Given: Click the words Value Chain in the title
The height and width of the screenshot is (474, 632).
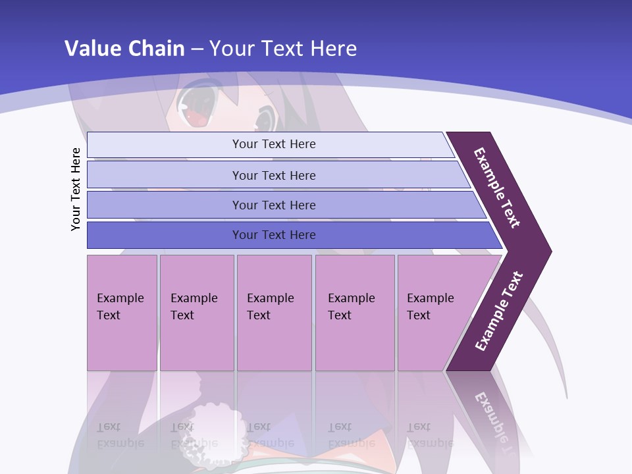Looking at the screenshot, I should [124, 48].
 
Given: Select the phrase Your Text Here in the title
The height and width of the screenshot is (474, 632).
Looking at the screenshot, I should [283, 48].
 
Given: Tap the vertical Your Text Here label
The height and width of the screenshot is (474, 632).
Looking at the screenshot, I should [76, 189].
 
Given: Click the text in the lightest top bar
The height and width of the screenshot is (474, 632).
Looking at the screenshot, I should [274, 144].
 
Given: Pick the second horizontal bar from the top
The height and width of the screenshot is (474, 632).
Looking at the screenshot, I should [274, 175].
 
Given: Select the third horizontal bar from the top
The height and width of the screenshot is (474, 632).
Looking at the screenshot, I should [274, 205].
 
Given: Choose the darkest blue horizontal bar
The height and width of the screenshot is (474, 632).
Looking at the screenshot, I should [274, 235].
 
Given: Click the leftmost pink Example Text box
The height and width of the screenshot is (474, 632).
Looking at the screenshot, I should [122, 313].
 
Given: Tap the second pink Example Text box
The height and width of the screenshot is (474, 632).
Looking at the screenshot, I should [196, 313].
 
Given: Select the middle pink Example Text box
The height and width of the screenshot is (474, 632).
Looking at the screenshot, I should [273, 313].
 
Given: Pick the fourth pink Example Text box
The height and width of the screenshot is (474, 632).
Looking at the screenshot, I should [354, 313].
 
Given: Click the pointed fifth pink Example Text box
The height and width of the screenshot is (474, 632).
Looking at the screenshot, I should [434, 313].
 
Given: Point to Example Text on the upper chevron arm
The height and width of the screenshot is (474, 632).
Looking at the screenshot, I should [497, 188].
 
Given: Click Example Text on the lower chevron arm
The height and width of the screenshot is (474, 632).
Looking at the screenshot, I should [498, 311].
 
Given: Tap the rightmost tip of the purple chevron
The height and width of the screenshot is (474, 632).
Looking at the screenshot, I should [550, 251].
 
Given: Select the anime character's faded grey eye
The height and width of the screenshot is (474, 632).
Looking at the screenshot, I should [265, 120].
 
